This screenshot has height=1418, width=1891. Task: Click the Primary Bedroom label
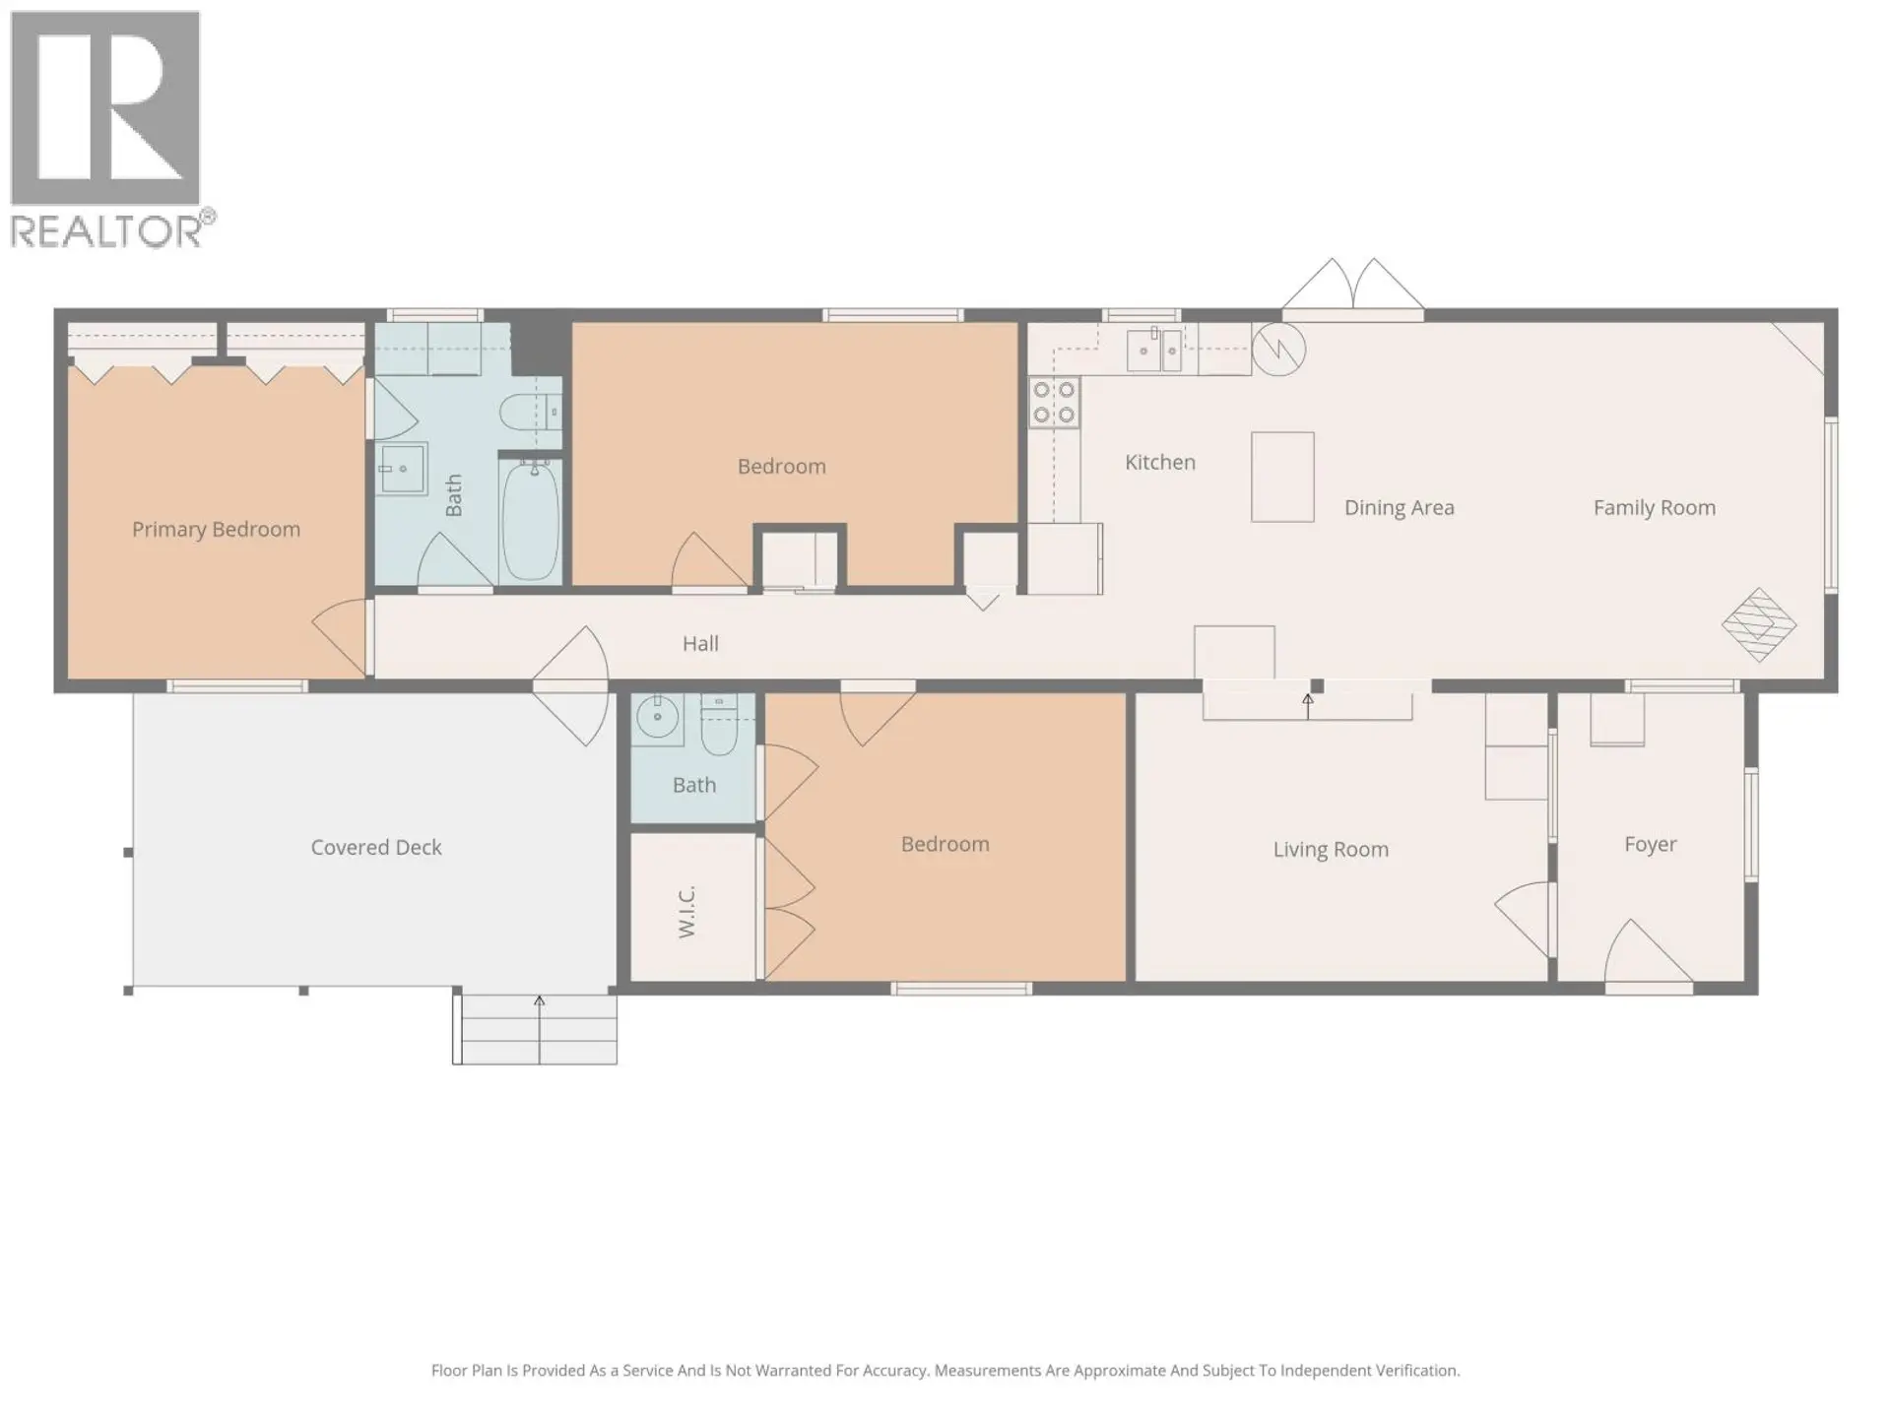[x=216, y=530]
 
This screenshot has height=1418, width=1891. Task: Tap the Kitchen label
[x=1159, y=462]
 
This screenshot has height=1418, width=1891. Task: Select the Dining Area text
[x=1399, y=508]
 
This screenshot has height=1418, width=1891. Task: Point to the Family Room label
[x=1654, y=508]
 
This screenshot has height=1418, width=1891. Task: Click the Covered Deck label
[x=375, y=847]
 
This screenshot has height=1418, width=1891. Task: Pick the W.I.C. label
[x=687, y=911]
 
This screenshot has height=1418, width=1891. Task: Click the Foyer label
[x=1650, y=845]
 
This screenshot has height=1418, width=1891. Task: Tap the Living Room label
[x=1330, y=849]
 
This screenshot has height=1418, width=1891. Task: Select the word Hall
[x=700, y=644]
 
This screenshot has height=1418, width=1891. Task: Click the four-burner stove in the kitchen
[x=1054, y=404]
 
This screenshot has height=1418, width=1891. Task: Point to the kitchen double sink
[x=1154, y=351]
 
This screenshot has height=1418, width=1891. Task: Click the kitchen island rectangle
[x=1282, y=477]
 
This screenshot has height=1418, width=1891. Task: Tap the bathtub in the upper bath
[x=531, y=520]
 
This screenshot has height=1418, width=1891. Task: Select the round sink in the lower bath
[x=657, y=717]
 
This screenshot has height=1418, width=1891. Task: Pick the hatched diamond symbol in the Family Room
[x=1758, y=625]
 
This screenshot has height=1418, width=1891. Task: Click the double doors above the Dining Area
[x=1352, y=286]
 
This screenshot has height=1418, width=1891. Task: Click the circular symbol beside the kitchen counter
[x=1278, y=349]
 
